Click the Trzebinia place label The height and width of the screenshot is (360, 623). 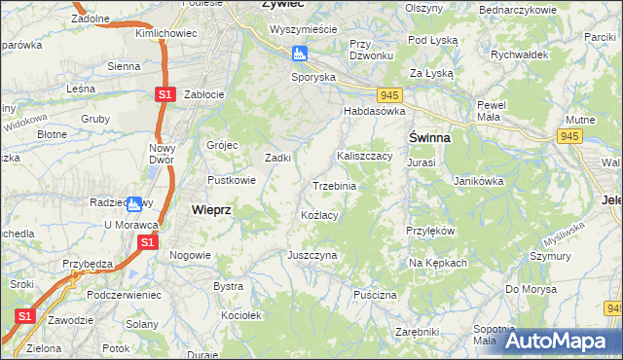coord(334,186)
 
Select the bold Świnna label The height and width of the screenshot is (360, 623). coord(428,138)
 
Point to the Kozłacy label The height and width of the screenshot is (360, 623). coord(319,215)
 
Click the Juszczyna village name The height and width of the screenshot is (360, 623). coord(311,254)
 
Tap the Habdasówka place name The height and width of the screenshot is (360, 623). coord(372,112)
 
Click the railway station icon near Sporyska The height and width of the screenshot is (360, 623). coord(300,54)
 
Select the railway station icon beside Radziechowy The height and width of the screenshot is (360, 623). coord(134,203)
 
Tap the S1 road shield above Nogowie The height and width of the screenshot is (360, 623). coord(147,241)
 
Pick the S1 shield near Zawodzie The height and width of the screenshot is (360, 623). coord(24,317)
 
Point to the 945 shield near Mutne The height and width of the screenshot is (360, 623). coord(568,137)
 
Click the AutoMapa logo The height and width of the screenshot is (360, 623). coord(559,341)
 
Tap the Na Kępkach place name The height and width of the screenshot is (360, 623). coord(438,264)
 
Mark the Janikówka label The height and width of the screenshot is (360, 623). coord(479,181)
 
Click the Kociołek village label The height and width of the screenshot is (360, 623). coord(241,316)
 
